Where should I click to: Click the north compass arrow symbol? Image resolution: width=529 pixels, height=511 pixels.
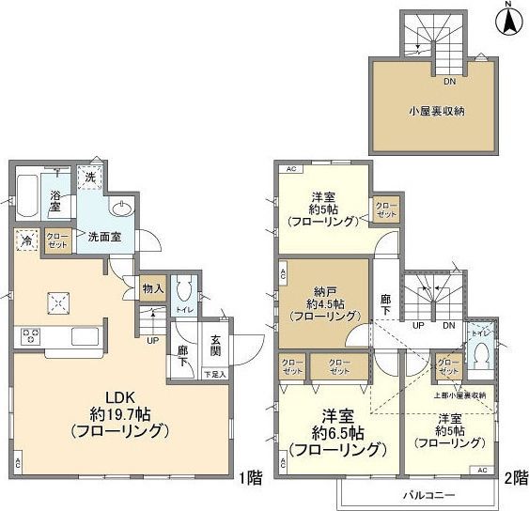coord(508,21)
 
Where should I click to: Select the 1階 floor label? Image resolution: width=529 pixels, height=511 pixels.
coord(249,478)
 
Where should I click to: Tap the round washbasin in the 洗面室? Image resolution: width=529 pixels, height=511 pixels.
coord(121,209)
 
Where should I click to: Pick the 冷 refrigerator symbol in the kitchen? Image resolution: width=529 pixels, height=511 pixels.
coord(25,240)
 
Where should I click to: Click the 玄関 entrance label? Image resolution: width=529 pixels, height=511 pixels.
coord(215,347)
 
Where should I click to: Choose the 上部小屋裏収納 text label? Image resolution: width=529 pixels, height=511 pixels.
coord(459,395)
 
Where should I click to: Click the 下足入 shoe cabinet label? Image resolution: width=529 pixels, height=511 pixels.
coord(215,374)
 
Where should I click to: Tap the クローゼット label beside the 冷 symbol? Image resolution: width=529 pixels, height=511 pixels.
coord(57,240)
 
